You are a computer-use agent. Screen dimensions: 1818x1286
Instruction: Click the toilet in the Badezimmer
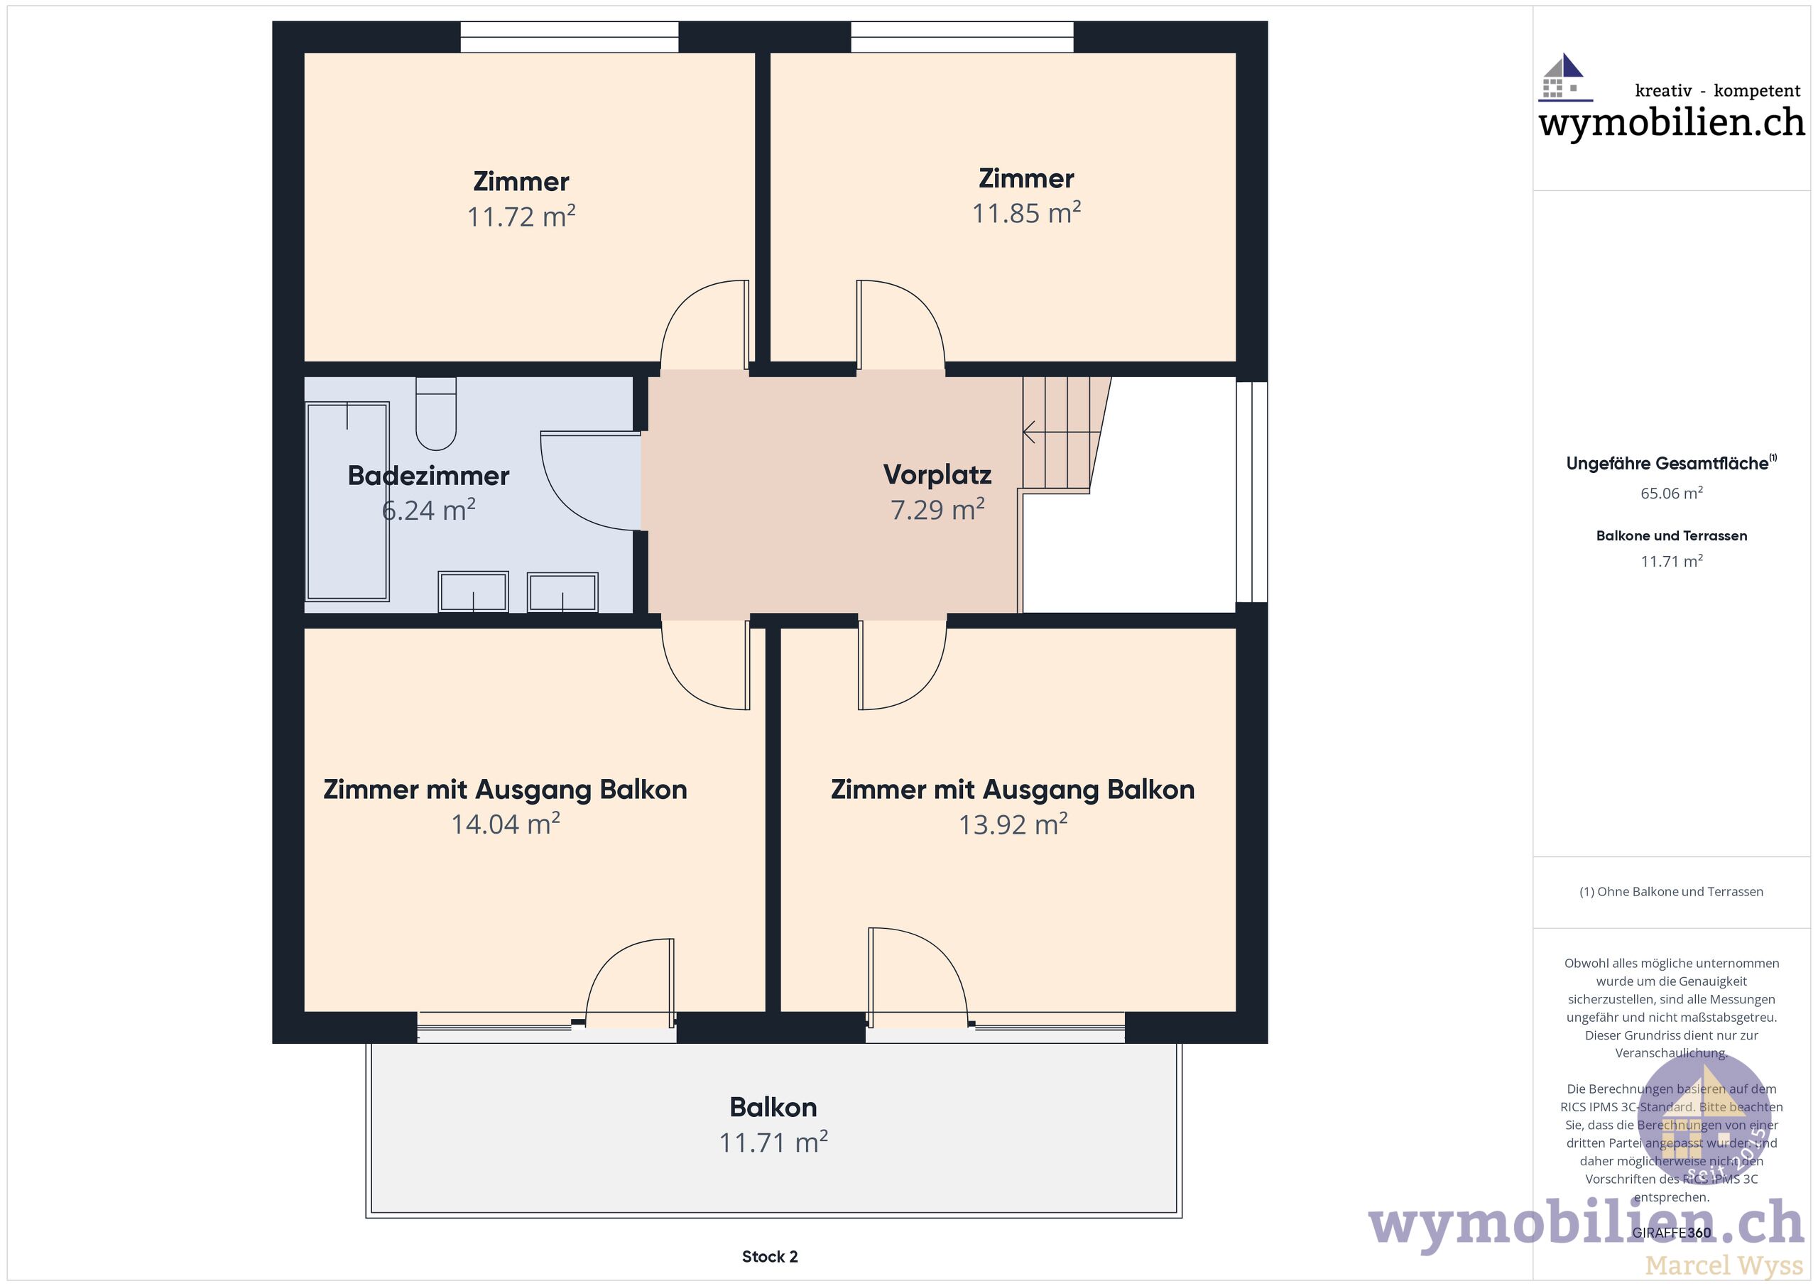click(x=435, y=413)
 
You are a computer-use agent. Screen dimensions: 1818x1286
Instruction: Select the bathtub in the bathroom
click(x=347, y=501)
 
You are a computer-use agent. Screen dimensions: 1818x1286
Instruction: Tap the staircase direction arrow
click(x=1062, y=432)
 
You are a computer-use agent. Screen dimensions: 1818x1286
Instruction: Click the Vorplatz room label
click(x=937, y=474)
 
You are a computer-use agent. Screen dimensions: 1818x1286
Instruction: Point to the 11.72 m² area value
click(x=521, y=216)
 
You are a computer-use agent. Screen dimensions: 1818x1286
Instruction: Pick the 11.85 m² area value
click(x=1026, y=213)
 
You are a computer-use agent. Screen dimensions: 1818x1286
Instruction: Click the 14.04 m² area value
click(x=505, y=824)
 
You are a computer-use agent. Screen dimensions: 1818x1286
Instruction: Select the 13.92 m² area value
click(x=1013, y=824)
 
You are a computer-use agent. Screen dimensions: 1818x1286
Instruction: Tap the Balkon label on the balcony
click(x=773, y=1107)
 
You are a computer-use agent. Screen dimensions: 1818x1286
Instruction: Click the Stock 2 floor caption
click(x=770, y=1257)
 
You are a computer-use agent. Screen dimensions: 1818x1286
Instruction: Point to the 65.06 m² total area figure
click(x=1672, y=494)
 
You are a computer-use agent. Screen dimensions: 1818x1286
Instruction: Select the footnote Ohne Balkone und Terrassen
click(x=1672, y=892)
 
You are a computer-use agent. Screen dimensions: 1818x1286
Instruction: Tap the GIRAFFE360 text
click(x=1672, y=1233)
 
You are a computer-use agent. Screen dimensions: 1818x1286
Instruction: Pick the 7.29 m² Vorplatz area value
click(x=937, y=509)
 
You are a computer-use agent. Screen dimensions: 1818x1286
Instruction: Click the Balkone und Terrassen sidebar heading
click(x=1672, y=536)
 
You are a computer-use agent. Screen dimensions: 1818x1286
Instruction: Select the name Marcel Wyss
click(x=1724, y=1265)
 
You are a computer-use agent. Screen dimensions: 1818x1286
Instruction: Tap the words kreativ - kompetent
click(x=1717, y=91)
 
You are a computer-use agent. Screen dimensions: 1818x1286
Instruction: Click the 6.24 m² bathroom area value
click(x=428, y=510)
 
